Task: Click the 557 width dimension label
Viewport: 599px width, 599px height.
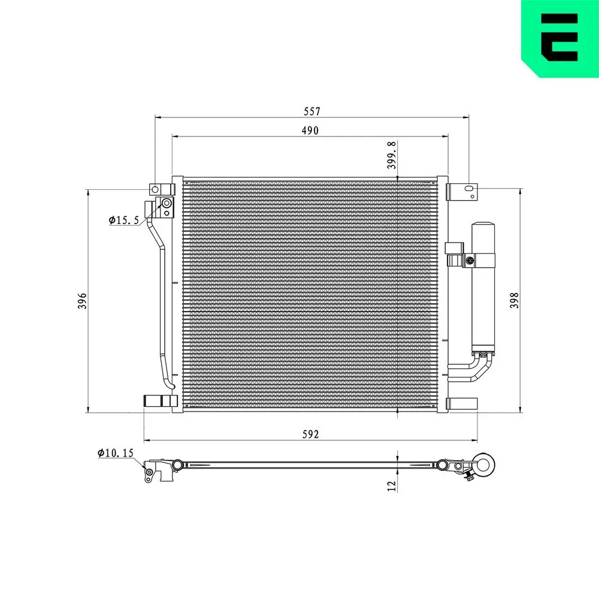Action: (311, 111)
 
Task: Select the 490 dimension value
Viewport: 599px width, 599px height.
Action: (310, 131)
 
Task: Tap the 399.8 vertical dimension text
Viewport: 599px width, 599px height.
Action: (392, 156)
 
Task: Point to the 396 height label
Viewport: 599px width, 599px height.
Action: (83, 301)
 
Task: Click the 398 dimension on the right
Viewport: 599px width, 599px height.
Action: (514, 300)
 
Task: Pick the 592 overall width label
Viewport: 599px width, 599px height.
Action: (311, 434)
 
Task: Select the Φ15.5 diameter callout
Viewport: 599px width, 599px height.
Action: (123, 220)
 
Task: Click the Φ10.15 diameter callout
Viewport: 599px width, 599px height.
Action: (115, 453)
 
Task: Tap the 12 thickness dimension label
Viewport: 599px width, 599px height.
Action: (392, 486)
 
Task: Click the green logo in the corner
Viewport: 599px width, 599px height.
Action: (559, 38)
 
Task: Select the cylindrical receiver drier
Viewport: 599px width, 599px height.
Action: (483, 288)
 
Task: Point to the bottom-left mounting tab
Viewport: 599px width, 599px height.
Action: (160, 401)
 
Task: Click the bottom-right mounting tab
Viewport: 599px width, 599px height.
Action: (463, 404)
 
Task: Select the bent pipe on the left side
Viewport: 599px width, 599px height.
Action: (161, 299)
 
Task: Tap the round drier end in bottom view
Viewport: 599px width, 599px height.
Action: (484, 465)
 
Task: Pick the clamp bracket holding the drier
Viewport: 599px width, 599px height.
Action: (471, 260)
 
